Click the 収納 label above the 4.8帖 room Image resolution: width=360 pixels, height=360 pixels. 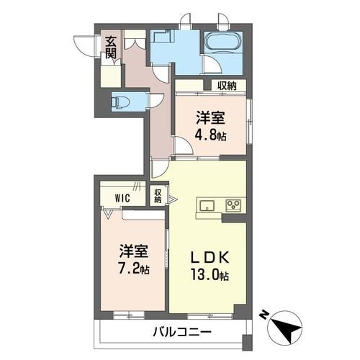[x=227, y=86]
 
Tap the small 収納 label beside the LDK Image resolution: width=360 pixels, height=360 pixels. [x=158, y=195]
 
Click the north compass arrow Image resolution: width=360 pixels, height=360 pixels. [x=288, y=329]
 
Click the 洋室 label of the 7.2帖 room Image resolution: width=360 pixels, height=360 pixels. [x=133, y=252]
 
